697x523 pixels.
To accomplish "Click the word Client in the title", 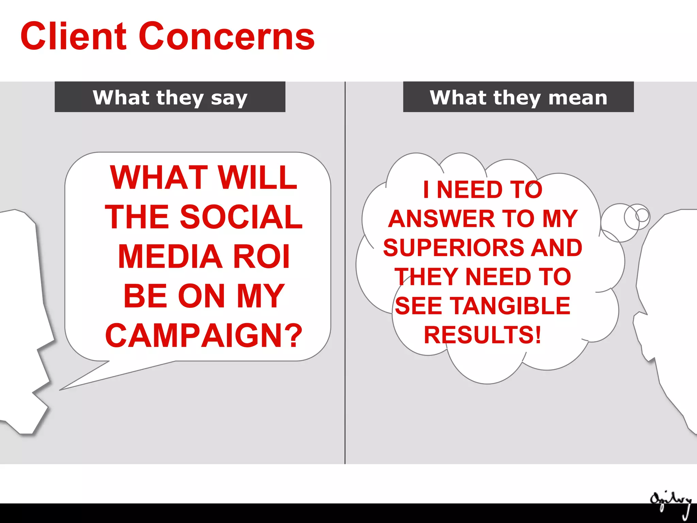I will point(74,36).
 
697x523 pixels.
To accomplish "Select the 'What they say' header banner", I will point(170,97).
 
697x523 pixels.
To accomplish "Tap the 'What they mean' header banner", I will point(518,97).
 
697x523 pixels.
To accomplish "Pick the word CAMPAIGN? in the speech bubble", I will point(204,336).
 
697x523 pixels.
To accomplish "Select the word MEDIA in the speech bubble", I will point(170,256).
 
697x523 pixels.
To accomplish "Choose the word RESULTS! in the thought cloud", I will point(482,335).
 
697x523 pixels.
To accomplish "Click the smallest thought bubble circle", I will point(642,215).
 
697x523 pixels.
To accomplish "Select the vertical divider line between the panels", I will point(345,272).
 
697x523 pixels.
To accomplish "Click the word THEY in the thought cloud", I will point(427,276).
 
